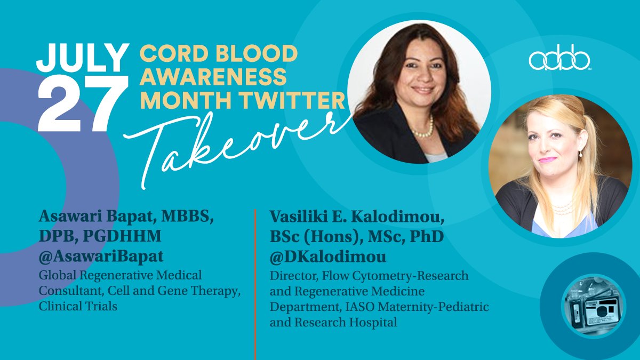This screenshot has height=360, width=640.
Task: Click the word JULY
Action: (83, 58)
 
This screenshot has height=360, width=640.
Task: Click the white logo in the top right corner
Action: (560, 60)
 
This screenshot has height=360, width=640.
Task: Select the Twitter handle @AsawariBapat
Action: (101, 257)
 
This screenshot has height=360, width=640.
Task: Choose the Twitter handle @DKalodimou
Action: (328, 257)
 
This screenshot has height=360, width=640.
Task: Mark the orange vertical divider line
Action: (255, 283)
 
